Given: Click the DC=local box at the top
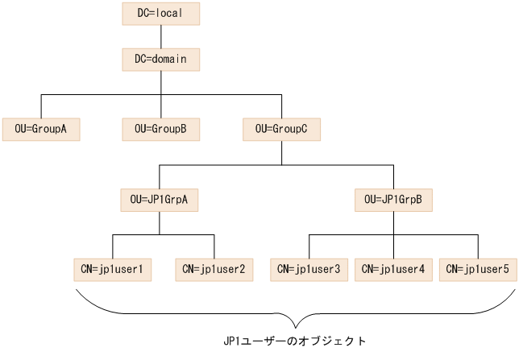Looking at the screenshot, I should [x=160, y=14].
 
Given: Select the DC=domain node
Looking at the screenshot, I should [x=160, y=60].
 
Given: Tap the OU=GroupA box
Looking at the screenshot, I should [x=40, y=129].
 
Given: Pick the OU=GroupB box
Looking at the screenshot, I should [x=160, y=129].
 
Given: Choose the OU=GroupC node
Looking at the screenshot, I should [x=281, y=129].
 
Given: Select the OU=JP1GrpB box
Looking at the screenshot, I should [x=393, y=199].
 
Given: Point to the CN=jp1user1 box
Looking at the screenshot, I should [x=112, y=269].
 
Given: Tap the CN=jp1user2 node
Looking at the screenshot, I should [x=214, y=269].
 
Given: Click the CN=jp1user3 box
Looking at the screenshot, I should [x=309, y=269].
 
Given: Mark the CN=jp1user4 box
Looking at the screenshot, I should [x=393, y=269].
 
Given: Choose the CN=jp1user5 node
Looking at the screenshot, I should [x=478, y=269].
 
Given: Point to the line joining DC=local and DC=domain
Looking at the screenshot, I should [x=160, y=36].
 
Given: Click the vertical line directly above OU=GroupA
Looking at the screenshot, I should [x=40, y=106].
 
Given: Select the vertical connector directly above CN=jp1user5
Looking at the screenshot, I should [x=478, y=246].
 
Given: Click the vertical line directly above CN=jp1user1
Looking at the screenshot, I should [x=112, y=246].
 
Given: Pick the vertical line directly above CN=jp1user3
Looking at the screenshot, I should [x=309, y=246].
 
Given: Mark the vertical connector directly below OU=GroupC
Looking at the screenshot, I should [x=281, y=152].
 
